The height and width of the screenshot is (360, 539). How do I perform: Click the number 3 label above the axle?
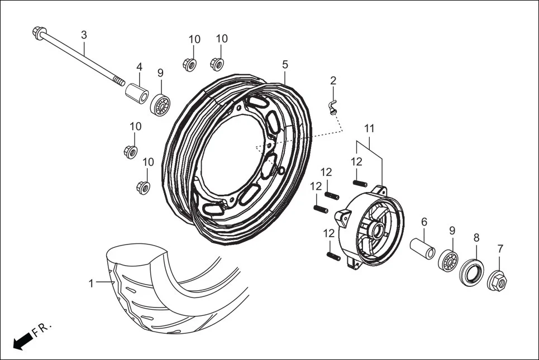point(84,35)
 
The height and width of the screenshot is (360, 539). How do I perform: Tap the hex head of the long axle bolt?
point(39,31)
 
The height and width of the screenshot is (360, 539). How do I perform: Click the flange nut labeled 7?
point(498,282)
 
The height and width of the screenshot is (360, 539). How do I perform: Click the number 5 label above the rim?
point(285,65)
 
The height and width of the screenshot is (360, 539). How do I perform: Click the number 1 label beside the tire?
point(91,284)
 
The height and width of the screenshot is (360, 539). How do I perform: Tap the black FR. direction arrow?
point(21,341)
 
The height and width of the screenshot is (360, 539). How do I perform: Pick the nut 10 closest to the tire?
point(144,186)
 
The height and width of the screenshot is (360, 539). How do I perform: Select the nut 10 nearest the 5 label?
point(217,63)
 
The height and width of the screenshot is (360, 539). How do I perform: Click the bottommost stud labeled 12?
point(332,256)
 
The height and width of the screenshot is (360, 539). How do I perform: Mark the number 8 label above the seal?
point(476,237)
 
